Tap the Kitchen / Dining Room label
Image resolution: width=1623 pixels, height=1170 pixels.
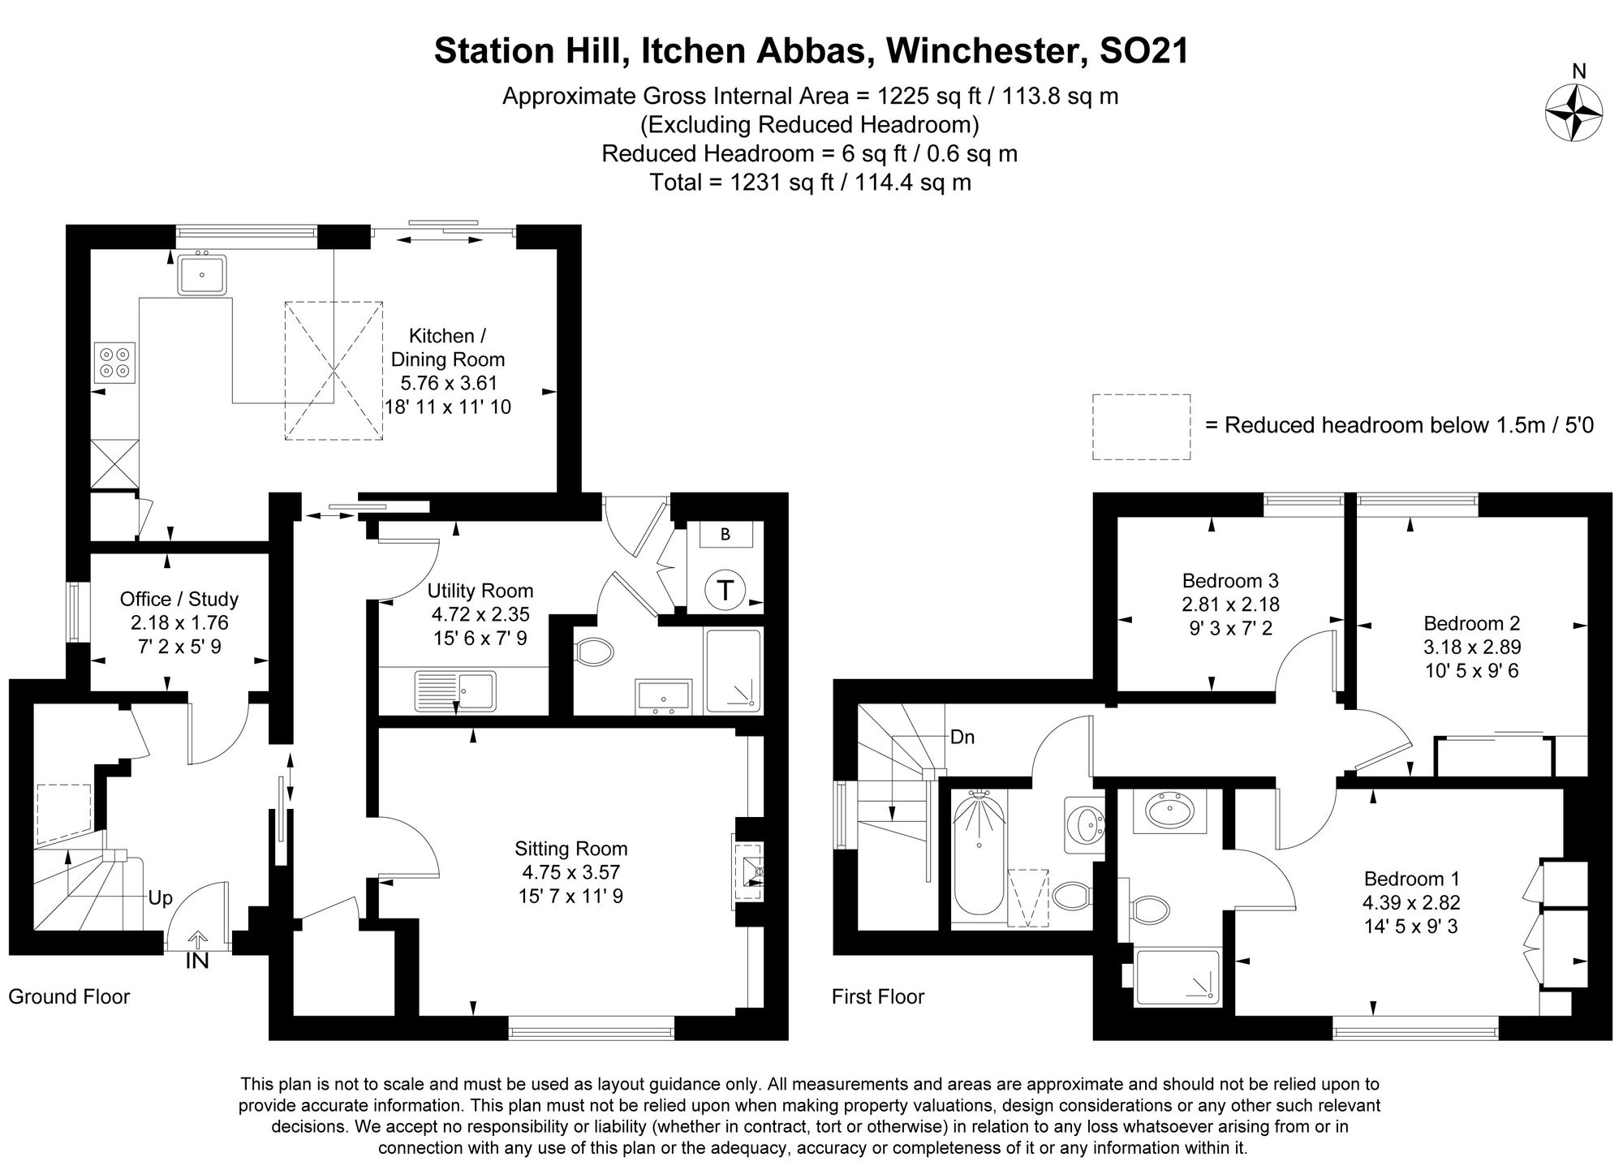[x=447, y=347]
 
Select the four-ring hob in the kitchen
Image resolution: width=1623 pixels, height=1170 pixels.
[x=114, y=362]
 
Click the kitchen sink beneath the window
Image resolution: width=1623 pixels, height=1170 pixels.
[x=201, y=274]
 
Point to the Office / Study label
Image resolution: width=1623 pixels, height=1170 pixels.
[x=179, y=600]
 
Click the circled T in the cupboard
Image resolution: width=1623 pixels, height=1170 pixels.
[x=725, y=589]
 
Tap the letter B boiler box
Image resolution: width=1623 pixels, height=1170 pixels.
[x=725, y=534]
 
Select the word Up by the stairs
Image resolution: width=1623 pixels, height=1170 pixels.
[x=160, y=898]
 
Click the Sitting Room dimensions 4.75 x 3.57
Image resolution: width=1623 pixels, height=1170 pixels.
[x=571, y=872]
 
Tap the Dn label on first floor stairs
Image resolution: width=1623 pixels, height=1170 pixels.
[x=962, y=737]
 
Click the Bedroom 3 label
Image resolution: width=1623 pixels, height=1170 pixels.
[x=1230, y=581]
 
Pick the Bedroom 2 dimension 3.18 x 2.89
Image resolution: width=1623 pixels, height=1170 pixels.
[x=1472, y=647]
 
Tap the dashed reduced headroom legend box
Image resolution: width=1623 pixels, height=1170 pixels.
[x=1141, y=427]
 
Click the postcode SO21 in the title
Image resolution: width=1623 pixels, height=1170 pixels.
[x=1143, y=50]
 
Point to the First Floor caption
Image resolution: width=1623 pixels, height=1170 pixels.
[x=878, y=996]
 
